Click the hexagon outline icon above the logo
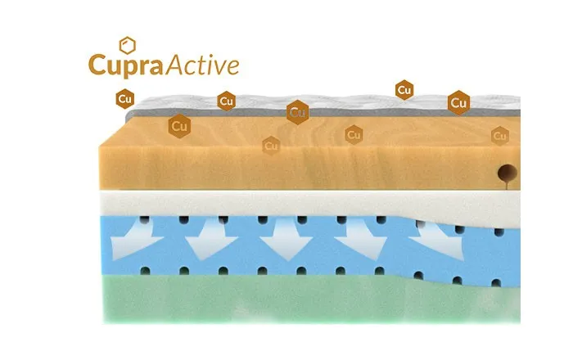[128, 45]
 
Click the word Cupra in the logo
[126, 65]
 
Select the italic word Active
[203, 65]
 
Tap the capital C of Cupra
[97, 65]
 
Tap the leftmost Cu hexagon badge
[125, 99]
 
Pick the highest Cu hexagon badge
[404, 90]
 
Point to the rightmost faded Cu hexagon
[500, 136]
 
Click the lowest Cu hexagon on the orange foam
[271, 146]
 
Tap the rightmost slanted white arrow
[439, 239]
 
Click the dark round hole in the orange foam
[508, 173]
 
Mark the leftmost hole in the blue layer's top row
[145, 220]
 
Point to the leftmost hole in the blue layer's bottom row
[145, 271]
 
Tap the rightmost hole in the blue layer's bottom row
[496, 283]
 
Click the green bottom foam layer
[311, 299]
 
